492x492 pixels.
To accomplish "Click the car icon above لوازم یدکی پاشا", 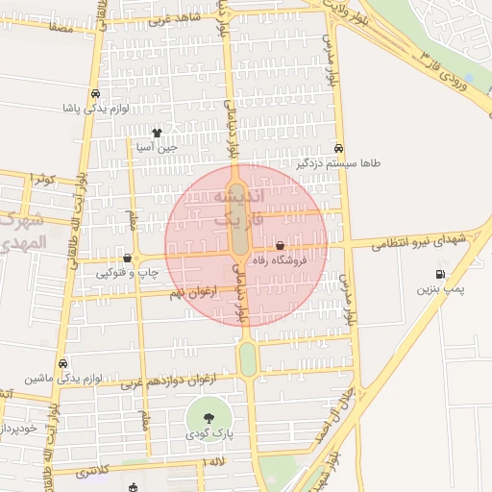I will click(96, 94).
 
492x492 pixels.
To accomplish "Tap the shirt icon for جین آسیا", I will click(157, 133).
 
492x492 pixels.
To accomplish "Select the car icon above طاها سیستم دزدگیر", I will click(339, 149).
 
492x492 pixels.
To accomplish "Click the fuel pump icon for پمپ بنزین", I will click(439, 274).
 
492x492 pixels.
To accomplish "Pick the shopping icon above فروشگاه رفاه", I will click(280, 246).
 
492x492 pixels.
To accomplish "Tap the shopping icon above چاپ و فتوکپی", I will click(128, 258).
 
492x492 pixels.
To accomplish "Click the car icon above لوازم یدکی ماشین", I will click(63, 364).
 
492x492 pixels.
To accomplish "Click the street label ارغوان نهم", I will click(194, 291).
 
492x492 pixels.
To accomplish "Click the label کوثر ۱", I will click(44, 180).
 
